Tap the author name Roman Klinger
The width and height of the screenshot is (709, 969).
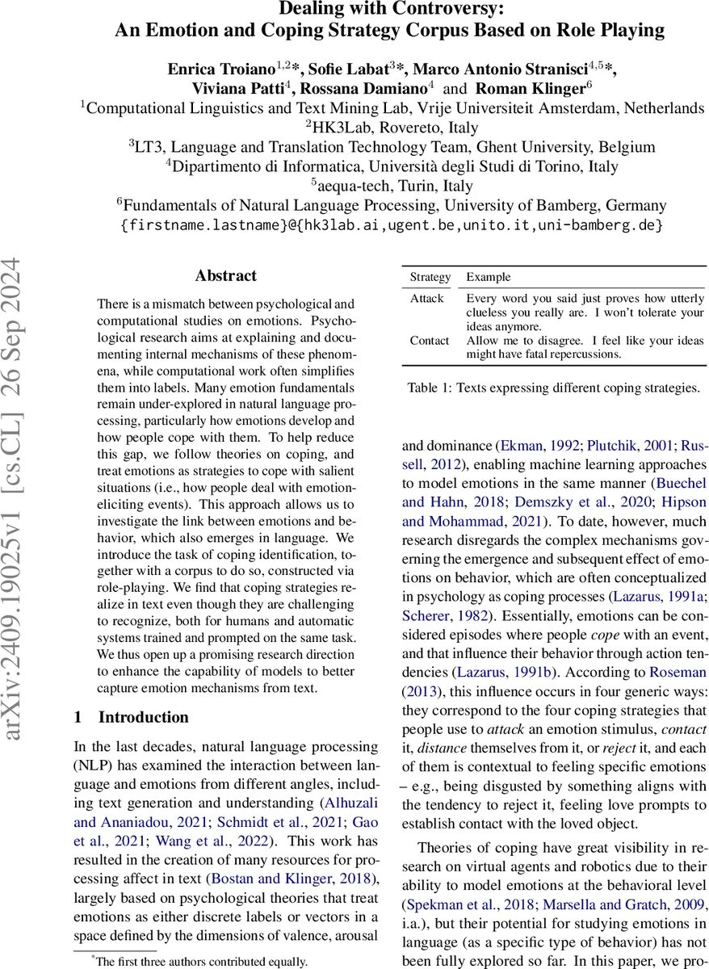pyautogui.click(x=532, y=88)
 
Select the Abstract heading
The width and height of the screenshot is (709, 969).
pyautogui.click(x=225, y=276)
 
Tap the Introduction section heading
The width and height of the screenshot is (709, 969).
pyautogui.click(x=143, y=717)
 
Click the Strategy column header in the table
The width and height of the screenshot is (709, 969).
pyautogui.click(x=430, y=277)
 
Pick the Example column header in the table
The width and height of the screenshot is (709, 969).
pyautogui.click(x=489, y=277)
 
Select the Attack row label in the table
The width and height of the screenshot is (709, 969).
pyautogui.click(x=427, y=299)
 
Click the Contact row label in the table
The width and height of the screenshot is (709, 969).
pyautogui.click(x=430, y=341)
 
